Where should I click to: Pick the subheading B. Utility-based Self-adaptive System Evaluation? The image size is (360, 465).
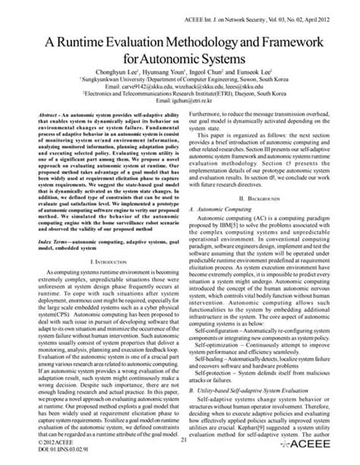click(x=256, y=387)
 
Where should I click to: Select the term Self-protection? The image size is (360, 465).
click(x=218, y=373)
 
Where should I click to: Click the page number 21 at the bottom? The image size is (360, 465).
click(x=182, y=438)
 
